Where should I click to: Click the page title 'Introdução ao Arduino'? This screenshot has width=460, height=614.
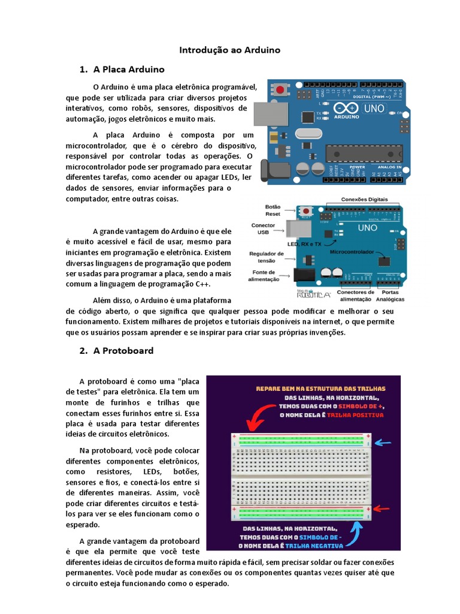[x=230, y=50]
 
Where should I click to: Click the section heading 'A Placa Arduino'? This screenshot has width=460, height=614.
[x=129, y=70]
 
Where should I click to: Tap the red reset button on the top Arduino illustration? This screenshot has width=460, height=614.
[x=280, y=90]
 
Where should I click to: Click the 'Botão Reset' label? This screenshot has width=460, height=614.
[x=273, y=210]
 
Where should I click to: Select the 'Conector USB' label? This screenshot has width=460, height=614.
[x=263, y=228]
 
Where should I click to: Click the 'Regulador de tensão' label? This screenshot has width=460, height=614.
[x=262, y=257]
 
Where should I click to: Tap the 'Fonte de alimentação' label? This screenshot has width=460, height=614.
[x=264, y=276]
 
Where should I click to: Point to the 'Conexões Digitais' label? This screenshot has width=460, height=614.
[x=364, y=199]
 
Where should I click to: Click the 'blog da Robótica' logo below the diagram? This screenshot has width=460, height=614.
[x=313, y=294]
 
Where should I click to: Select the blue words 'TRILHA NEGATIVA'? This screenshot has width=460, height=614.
[x=314, y=546]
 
